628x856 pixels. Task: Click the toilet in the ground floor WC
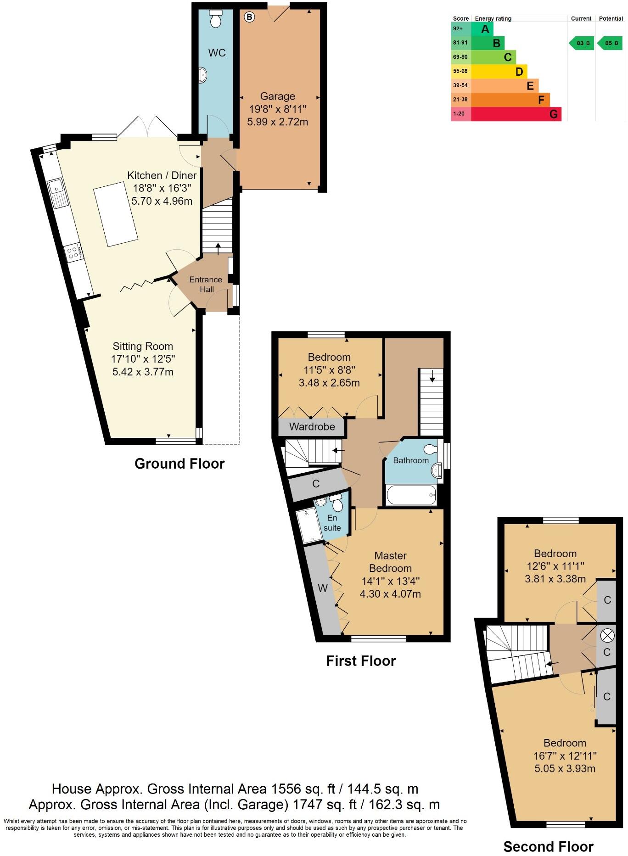215,19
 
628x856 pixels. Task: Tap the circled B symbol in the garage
249,17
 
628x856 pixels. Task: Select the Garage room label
277,96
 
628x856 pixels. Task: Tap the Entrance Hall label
206,285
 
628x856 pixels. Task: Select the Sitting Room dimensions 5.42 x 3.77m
143,372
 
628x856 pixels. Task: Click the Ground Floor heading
179,464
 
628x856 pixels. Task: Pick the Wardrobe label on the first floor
312,427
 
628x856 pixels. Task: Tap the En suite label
332,523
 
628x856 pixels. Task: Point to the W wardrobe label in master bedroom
323,588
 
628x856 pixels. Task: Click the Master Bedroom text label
390,562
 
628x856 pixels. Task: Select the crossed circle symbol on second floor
607,635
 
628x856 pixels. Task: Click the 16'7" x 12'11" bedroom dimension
565,756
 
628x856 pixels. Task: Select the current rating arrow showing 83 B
582,44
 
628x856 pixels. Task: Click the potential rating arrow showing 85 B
610,44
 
